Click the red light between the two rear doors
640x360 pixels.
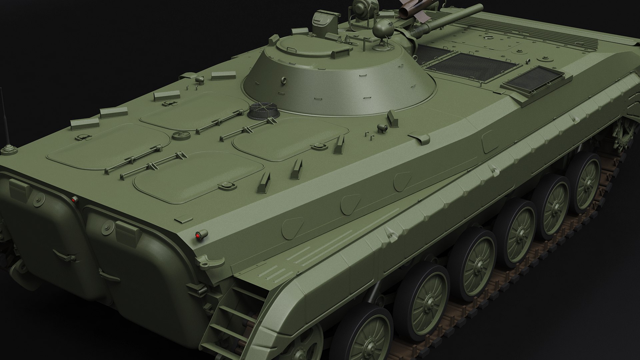pyautogui.click(x=74, y=199)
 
